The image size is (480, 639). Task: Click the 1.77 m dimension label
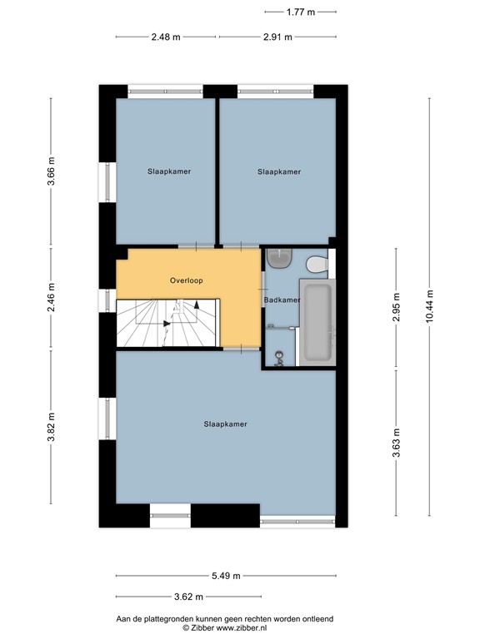point(300,12)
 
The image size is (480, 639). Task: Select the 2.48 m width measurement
point(166,37)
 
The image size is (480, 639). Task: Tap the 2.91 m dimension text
point(277,37)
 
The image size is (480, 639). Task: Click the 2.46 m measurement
point(52,298)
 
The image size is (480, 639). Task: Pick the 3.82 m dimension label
point(52,428)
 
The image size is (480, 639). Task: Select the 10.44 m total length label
point(431,306)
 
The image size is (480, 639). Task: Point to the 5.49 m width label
point(226,576)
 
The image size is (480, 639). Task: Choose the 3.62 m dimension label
point(188,596)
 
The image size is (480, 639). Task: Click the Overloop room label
point(186,280)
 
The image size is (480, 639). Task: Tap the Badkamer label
point(281,300)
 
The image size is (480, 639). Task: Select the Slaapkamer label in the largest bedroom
point(225,424)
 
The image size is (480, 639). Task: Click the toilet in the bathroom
point(317,265)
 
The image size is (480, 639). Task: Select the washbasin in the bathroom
point(278,258)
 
